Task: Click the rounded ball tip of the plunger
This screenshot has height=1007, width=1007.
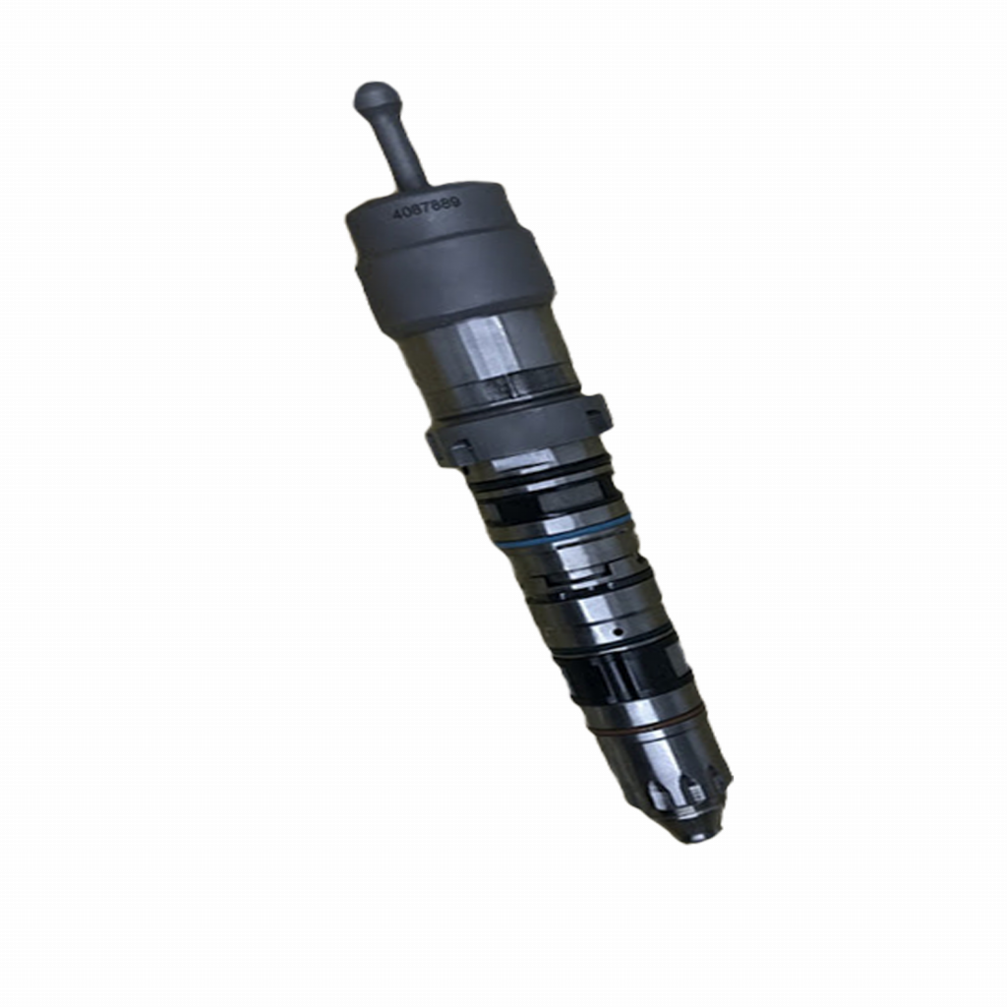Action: pyautogui.click(x=376, y=97)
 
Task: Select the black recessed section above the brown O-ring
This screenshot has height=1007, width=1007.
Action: pyautogui.click(x=629, y=679)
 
